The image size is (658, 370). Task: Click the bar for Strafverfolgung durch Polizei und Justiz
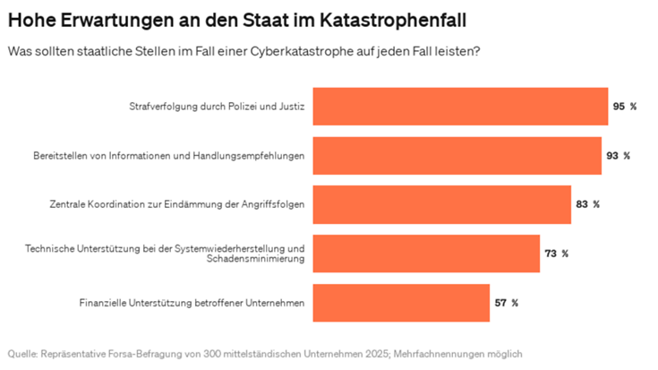(459, 106)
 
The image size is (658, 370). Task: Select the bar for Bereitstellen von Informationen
(456, 155)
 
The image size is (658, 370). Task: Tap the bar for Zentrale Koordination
(440, 204)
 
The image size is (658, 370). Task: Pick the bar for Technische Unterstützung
(425, 254)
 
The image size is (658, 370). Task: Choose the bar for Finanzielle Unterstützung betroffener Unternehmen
(400, 303)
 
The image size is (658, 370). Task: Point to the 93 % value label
(618, 155)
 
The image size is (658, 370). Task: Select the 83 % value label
(587, 204)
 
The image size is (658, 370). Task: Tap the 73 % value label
(556, 254)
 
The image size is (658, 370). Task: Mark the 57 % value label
(506, 303)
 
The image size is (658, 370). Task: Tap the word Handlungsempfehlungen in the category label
(253, 156)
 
